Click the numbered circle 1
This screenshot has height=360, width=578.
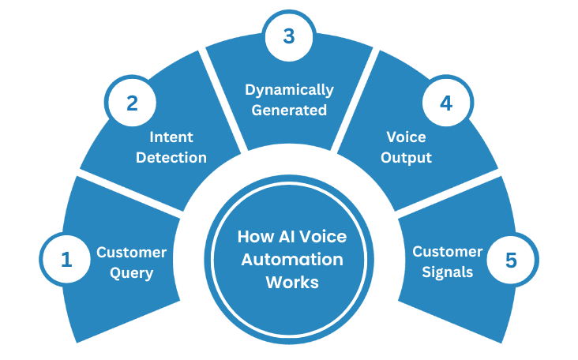coord(66,260)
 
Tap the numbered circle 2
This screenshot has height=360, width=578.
coord(133,103)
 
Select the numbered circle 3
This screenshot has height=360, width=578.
coord(289,35)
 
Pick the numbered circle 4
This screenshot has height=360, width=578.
coord(445,103)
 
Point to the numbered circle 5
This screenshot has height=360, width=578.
coord(512,260)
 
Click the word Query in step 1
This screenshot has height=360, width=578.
coord(131,273)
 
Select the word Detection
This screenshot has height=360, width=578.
coord(171,157)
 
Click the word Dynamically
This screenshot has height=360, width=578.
coord(289,89)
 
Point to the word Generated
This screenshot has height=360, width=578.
coord(289,110)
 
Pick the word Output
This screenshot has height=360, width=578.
coord(407,157)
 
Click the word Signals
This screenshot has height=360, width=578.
coord(448,273)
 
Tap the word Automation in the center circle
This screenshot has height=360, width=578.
coord(292,259)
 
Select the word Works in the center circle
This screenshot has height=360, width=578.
coord(292,282)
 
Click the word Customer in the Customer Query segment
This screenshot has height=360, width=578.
coord(131,252)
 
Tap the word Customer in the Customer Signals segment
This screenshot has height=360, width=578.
coord(448,252)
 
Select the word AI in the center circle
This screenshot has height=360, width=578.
coord(288,237)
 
